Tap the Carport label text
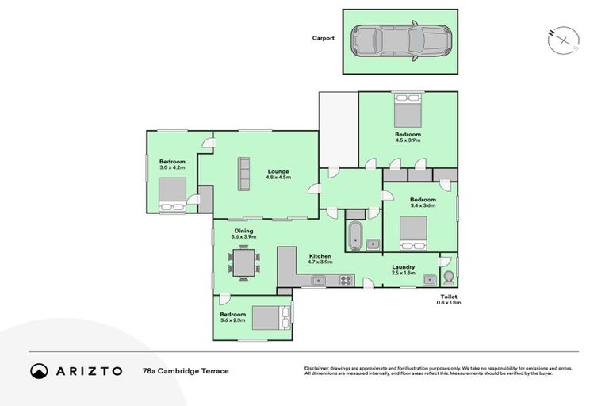(x=324, y=37)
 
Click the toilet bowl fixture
(x=448, y=278)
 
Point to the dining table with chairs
(x=243, y=262)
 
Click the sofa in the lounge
(x=243, y=174)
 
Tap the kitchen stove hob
(x=347, y=279)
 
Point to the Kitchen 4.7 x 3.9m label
(x=320, y=258)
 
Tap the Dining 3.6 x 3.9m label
(x=243, y=234)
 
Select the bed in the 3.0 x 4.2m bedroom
(x=173, y=195)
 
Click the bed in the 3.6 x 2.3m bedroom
(x=270, y=316)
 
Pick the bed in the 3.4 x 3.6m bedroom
(x=413, y=232)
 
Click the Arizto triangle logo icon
(x=39, y=370)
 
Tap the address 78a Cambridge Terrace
(x=186, y=370)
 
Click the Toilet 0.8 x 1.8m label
(x=449, y=300)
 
